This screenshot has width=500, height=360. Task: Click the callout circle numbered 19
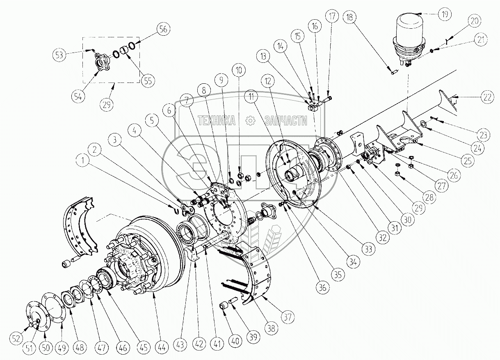point(444,14)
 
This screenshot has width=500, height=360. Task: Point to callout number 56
point(163,29)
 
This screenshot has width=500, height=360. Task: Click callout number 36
point(323,288)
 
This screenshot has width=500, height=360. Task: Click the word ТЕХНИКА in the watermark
point(216,120)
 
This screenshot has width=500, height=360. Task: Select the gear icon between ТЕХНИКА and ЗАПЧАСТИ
point(249,120)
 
